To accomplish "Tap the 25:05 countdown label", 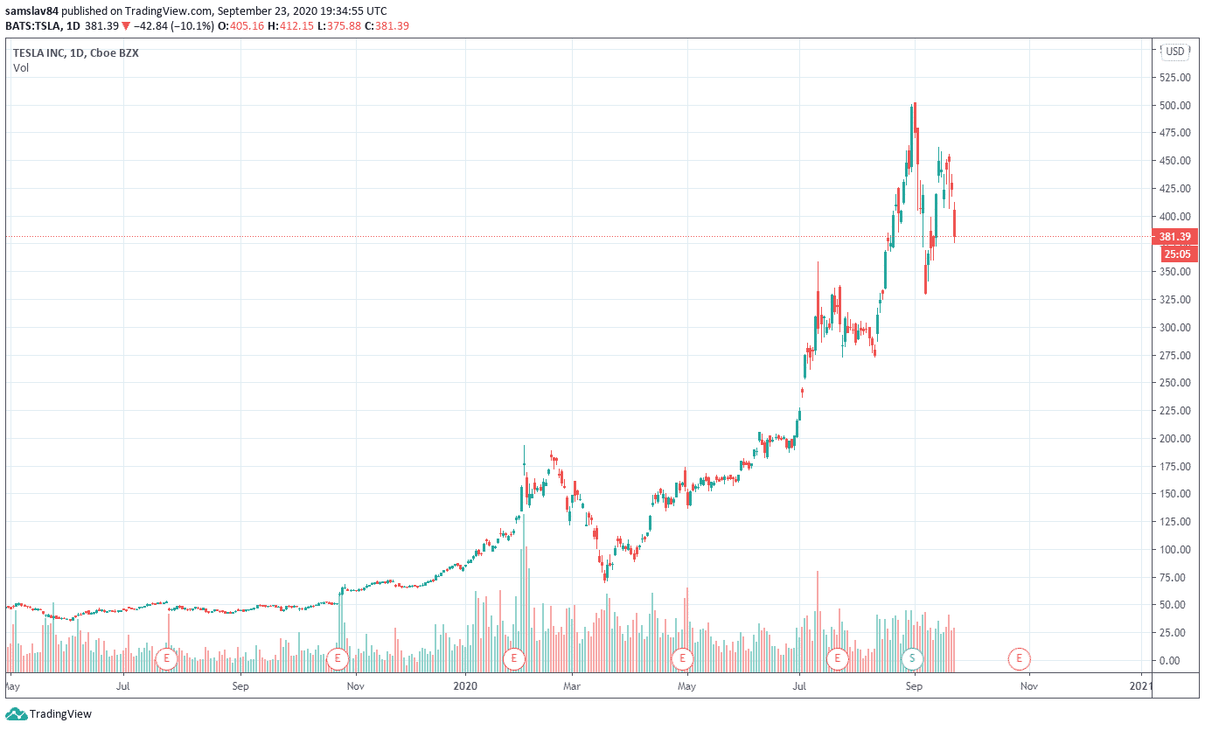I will coord(1176,254).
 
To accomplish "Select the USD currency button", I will coord(1174,52).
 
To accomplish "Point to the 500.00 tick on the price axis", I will coord(1175,106).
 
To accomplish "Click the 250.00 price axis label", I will coord(1175,383).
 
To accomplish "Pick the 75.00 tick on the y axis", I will coord(1178,577).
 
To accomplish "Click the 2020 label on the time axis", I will coord(466,686).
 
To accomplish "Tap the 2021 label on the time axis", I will coord(1142,686).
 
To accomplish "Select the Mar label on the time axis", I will coord(572,686).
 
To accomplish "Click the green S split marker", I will coord(913,657).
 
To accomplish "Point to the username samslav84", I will coord(32,10).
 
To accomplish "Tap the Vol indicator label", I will coord(21,68).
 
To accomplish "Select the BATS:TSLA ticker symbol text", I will coord(38,26).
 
